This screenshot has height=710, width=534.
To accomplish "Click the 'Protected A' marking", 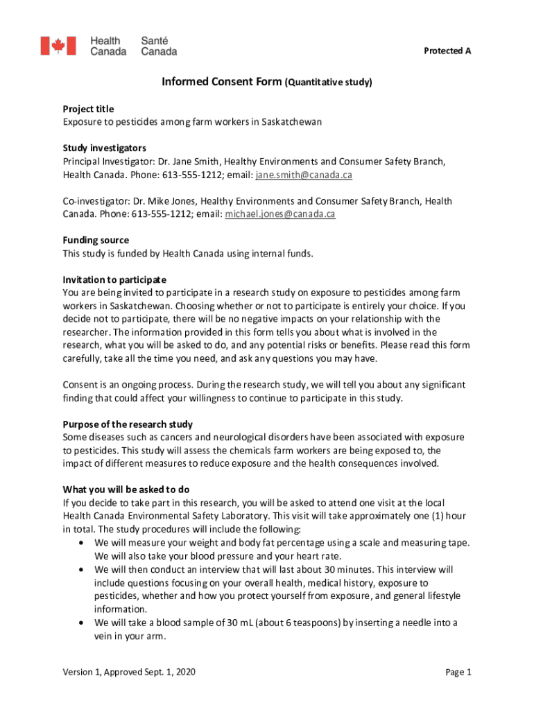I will [447, 51].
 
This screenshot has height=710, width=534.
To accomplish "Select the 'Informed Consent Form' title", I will [221, 82].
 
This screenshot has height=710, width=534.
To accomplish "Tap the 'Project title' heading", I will [88, 109].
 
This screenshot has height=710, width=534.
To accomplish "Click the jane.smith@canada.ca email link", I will [304, 175].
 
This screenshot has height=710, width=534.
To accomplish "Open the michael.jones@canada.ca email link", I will [280, 214].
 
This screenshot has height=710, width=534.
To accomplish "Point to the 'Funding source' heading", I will [96, 241].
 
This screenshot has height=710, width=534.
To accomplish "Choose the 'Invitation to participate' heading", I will [114, 279].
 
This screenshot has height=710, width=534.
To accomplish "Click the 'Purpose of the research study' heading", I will [128, 424].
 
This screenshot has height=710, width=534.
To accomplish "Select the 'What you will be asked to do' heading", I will [126, 489].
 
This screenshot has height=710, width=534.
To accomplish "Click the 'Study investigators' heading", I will [104, 148].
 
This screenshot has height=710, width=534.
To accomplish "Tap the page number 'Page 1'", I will [458, 672].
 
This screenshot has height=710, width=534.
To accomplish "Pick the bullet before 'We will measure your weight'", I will [84, 542].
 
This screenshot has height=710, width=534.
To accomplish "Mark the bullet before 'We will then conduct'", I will [84, 569].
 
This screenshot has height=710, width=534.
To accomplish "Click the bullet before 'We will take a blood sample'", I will [84, 623].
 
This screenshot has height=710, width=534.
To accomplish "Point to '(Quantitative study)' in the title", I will [328, 83].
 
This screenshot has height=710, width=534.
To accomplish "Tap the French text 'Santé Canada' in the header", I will [159, 46].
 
